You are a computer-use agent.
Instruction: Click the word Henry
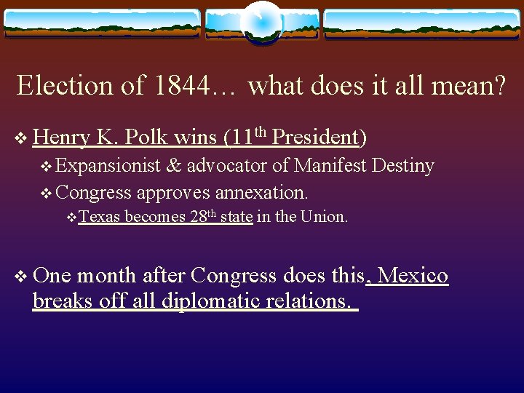(x=61, y=137)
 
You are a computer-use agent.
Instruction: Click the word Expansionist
(x=108, y=167)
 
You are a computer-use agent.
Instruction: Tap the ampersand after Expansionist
(x=174, y=167)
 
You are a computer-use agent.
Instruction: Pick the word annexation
(x=269, y=193)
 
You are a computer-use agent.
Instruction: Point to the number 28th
(x=203, y=216)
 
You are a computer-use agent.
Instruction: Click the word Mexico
(x=413, y=276)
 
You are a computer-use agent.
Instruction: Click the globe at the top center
(x=262, y=23)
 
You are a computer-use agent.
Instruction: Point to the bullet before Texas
(x=71, y=218)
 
